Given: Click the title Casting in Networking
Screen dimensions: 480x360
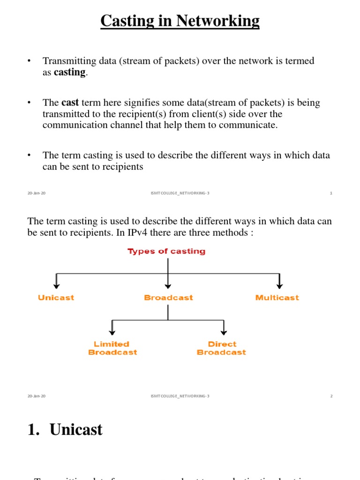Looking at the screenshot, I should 180,21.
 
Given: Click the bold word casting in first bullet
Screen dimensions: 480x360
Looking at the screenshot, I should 70,73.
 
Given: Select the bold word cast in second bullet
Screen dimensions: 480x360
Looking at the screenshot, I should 70,103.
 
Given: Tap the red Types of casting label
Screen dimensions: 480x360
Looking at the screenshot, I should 166,251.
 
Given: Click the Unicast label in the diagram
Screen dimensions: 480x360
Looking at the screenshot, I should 56,298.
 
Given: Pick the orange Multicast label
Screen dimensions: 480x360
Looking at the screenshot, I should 277,298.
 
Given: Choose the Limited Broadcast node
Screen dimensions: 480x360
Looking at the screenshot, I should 112,348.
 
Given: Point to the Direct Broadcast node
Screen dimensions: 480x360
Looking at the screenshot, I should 221,348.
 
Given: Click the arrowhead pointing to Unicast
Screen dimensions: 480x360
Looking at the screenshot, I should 57,285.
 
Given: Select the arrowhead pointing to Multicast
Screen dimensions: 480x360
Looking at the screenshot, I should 280,285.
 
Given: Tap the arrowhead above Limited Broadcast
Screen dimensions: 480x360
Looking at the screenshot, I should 112,332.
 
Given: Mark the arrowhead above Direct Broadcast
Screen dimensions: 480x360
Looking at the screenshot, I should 224,332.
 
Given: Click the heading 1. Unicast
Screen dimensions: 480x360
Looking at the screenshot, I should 65,429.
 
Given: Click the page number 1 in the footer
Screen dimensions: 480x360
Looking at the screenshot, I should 331,193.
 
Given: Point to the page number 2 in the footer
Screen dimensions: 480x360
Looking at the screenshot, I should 331,396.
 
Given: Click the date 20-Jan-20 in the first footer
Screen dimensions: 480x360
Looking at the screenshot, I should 37,193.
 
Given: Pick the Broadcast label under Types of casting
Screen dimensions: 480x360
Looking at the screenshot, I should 168,298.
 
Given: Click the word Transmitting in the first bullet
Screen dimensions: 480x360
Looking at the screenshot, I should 67,61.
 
